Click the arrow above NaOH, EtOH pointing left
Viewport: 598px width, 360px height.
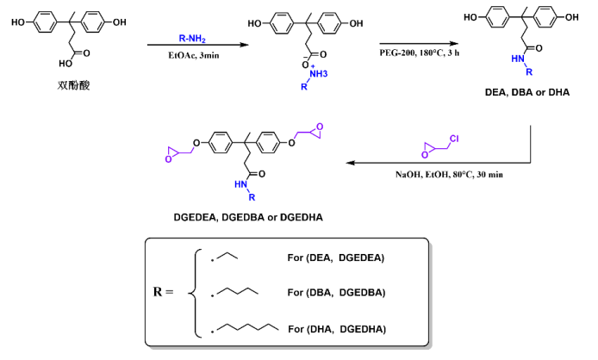[431, 160]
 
